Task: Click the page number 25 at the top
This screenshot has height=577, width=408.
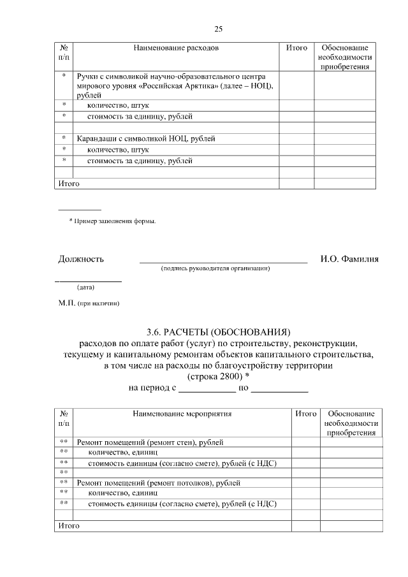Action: tap(218, 29)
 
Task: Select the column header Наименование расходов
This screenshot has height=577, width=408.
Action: tap(175, 48)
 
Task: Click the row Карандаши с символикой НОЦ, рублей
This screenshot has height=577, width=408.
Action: tap(146, 138)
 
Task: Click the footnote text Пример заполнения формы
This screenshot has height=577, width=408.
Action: tap(115, 221)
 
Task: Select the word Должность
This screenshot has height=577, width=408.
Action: tap(81, 259)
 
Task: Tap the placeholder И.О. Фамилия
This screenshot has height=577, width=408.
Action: tap(349, 259)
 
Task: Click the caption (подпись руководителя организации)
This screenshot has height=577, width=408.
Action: tap(215, 269)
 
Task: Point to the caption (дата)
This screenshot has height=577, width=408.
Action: tap(85, 287)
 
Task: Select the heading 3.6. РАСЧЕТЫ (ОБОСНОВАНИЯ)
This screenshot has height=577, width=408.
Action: tap(218, 332)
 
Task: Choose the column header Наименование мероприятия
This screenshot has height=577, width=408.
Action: tap(182, 414)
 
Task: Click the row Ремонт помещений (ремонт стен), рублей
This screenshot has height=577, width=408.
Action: tap(150, 442)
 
